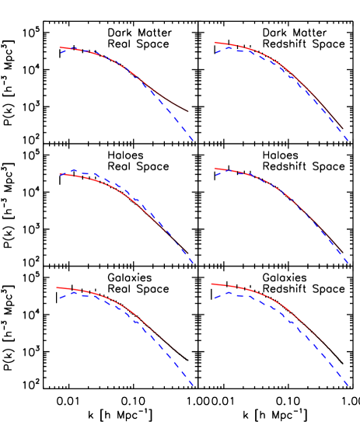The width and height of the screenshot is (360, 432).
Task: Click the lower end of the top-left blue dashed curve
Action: point(193,141)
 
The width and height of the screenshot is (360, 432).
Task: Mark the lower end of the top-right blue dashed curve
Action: point(348,141)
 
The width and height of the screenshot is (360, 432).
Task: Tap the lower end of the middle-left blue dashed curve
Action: point(193,263)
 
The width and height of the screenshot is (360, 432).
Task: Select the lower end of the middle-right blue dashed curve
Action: point(348,263)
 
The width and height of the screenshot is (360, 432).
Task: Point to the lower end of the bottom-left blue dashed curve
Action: point(193,385)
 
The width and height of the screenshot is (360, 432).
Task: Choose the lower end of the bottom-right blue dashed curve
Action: point(348,385)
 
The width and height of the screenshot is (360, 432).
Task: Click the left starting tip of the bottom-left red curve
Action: point(57,287)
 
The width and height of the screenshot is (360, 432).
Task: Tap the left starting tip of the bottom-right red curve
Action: point(211,284)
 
